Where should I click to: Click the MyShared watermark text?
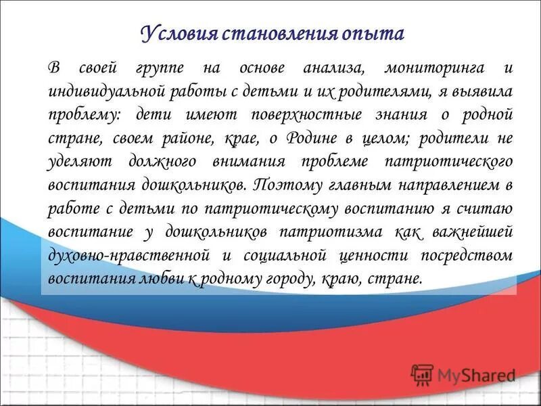coord(477,374)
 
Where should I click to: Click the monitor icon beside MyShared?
coord(422,374)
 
